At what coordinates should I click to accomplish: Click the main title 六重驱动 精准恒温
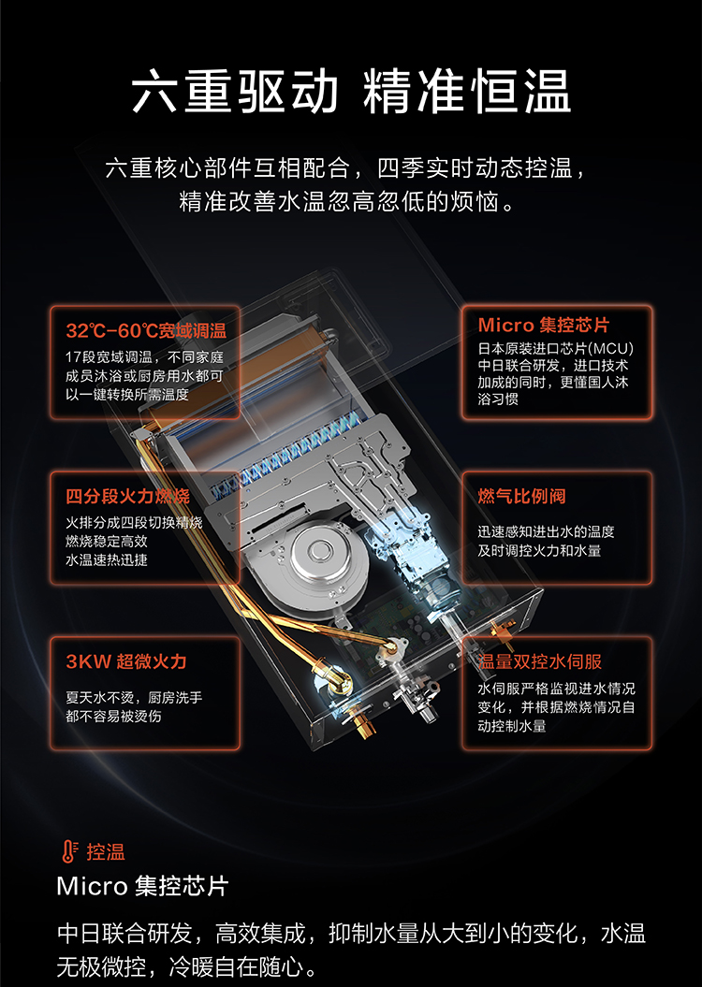[x=351, y=92]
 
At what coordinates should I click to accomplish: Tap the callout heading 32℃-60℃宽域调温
[x=146, y=330]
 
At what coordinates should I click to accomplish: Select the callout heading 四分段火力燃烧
[x=128, y=496]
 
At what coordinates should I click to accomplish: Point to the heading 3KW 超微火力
[x=126, y=660]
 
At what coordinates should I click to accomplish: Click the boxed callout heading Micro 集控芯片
[x=543, y=325]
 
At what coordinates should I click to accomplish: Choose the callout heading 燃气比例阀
[x=521, y=496]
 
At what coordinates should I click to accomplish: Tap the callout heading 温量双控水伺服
[x=539, y=660]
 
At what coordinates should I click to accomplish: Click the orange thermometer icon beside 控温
[x=69, y=851]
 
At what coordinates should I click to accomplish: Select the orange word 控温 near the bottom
[x=106, y=851]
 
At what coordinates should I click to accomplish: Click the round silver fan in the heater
[x=321, y=554]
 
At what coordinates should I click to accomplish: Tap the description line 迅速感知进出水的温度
[x=546, y=532]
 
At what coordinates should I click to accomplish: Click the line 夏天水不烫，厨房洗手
[x=134, y=697]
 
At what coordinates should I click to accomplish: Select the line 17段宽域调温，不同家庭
[x=145, y=357]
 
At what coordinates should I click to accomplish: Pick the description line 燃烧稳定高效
[x=107, y=542]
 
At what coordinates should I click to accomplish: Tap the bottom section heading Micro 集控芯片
[x=143, y=886]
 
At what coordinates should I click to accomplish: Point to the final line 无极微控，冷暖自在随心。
[x=187, y=966]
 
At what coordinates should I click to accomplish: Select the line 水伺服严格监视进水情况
[x=557, y=689]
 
